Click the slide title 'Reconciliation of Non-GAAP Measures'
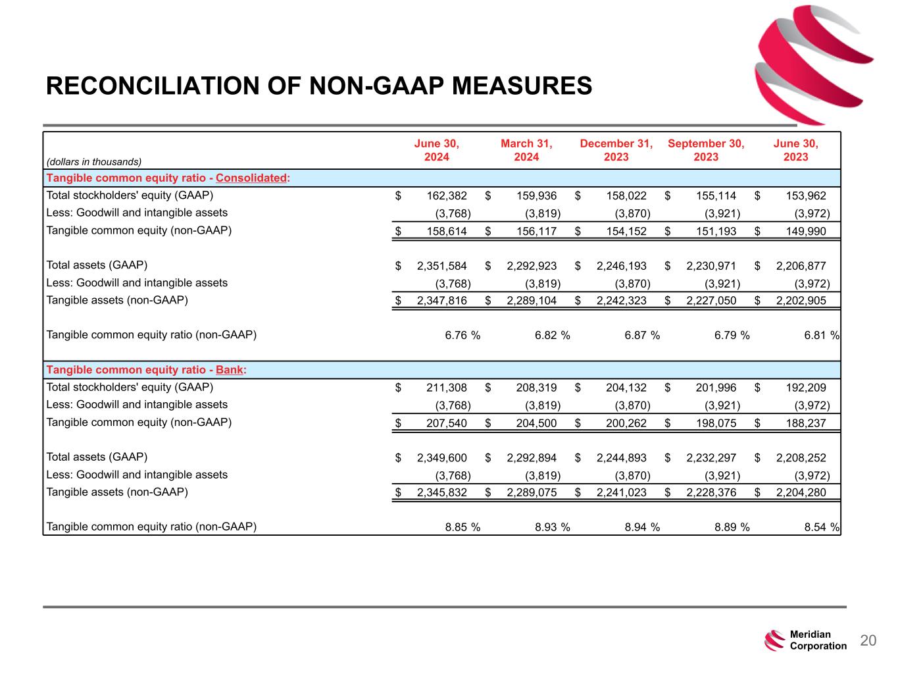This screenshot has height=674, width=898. click(319, 86)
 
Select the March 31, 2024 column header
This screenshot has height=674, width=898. click(526, 150)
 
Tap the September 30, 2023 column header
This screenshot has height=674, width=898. click(706, 150)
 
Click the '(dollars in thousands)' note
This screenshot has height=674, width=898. click(94, 161)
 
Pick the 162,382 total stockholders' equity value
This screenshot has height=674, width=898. click(442, 195)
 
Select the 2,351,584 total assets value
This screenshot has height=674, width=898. click(442, 266)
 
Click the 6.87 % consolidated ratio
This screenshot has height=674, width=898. click(642, 335)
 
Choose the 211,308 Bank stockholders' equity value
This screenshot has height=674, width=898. click(442, 388)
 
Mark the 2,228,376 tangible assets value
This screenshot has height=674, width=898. click(711, 492)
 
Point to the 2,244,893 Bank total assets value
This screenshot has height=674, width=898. click(622, 458)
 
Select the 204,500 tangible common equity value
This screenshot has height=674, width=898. click(536, 423)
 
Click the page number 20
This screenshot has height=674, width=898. click(868, 640)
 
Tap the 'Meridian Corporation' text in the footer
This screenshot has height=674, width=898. click(818, 640)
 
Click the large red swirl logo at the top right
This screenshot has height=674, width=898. click(812, 64)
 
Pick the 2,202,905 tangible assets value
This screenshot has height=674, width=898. click(801, 301)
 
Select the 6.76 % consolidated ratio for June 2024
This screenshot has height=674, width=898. click(462, 335)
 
